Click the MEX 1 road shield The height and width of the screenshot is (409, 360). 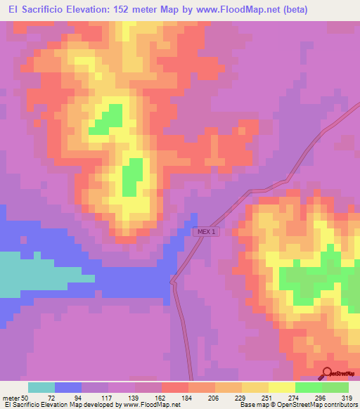pos(205,231)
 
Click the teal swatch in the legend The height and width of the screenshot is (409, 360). pos(41,387)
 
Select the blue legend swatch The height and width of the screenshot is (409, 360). pos(68,387)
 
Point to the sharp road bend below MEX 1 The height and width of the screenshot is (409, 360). pos(172,281)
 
